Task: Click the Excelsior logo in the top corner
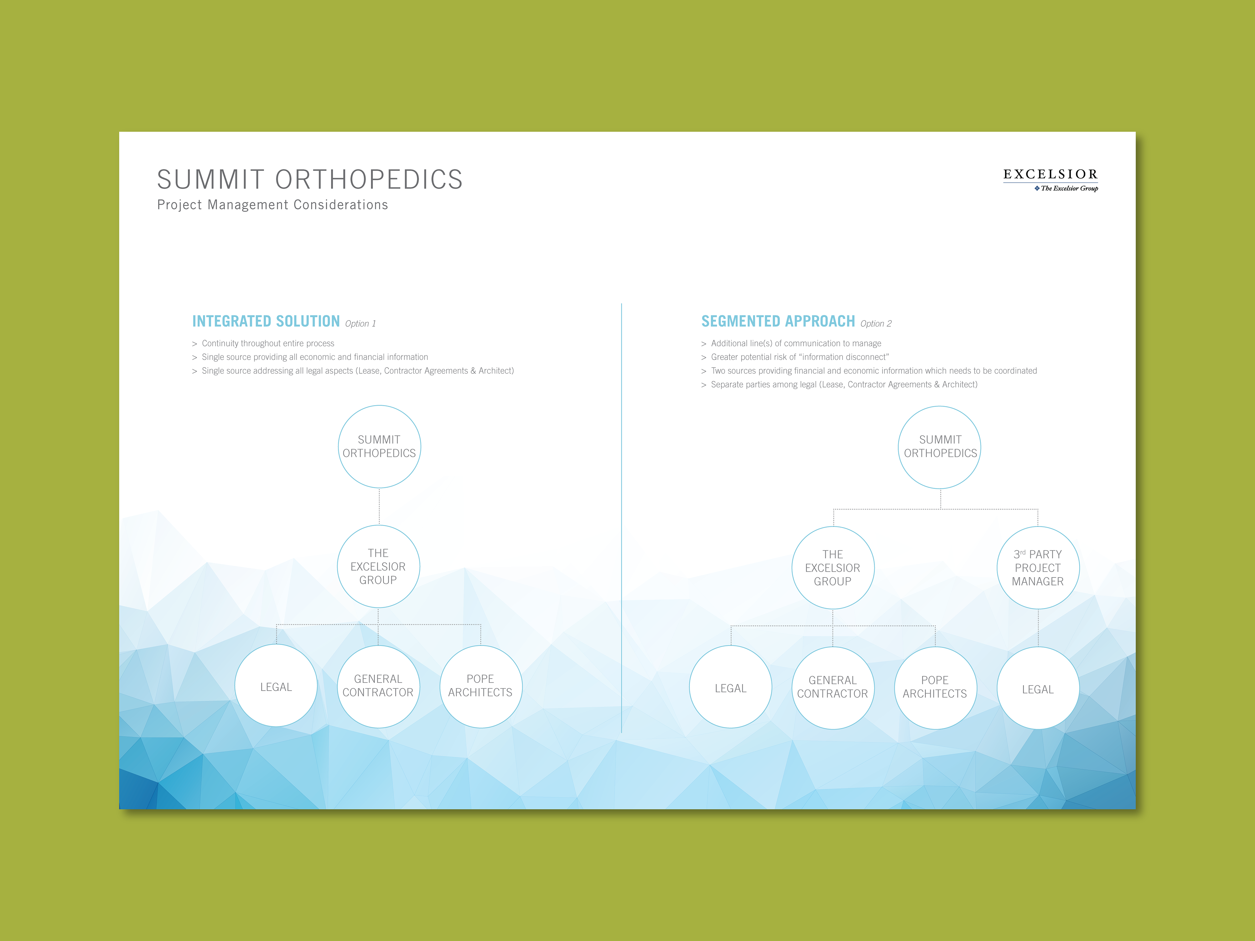[1050, 180]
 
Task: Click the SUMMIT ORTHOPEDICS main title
[310, 179]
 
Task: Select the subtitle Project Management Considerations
[272, 205]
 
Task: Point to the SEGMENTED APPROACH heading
[778, 321]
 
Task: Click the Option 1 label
[360, 323]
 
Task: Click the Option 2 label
[876, 323]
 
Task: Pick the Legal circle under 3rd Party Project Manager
[1038, 688]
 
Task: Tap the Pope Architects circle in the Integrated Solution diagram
[480, 686]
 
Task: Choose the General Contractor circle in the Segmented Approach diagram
[832, 687]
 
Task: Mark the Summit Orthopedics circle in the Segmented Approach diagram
[940, 446]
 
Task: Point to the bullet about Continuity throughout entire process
[268, 343]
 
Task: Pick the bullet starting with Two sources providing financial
[873, 371]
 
